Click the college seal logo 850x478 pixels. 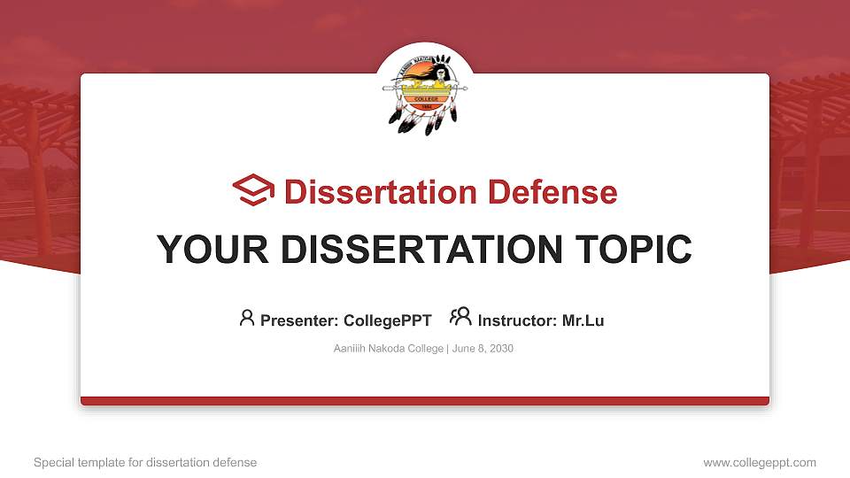(425, 93)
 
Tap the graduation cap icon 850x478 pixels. (253, 189)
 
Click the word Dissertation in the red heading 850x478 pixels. (381, 192)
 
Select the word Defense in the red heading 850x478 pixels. (552, 192)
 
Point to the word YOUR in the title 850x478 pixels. (212, 250)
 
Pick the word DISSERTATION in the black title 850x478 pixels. (421, 250)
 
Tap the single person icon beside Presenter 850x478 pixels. (247, 318)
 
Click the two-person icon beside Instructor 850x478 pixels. (460, 317)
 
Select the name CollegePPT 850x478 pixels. (388, 320)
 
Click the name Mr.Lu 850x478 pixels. (583, 320)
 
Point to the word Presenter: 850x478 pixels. (299, 320)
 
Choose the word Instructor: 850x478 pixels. (517, 320)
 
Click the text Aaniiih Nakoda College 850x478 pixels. (388, 349)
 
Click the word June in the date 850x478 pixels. (463, 349)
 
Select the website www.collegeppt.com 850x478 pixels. (760, 463)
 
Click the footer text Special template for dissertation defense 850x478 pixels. (145, 463)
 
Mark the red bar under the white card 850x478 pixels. (425, 401)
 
